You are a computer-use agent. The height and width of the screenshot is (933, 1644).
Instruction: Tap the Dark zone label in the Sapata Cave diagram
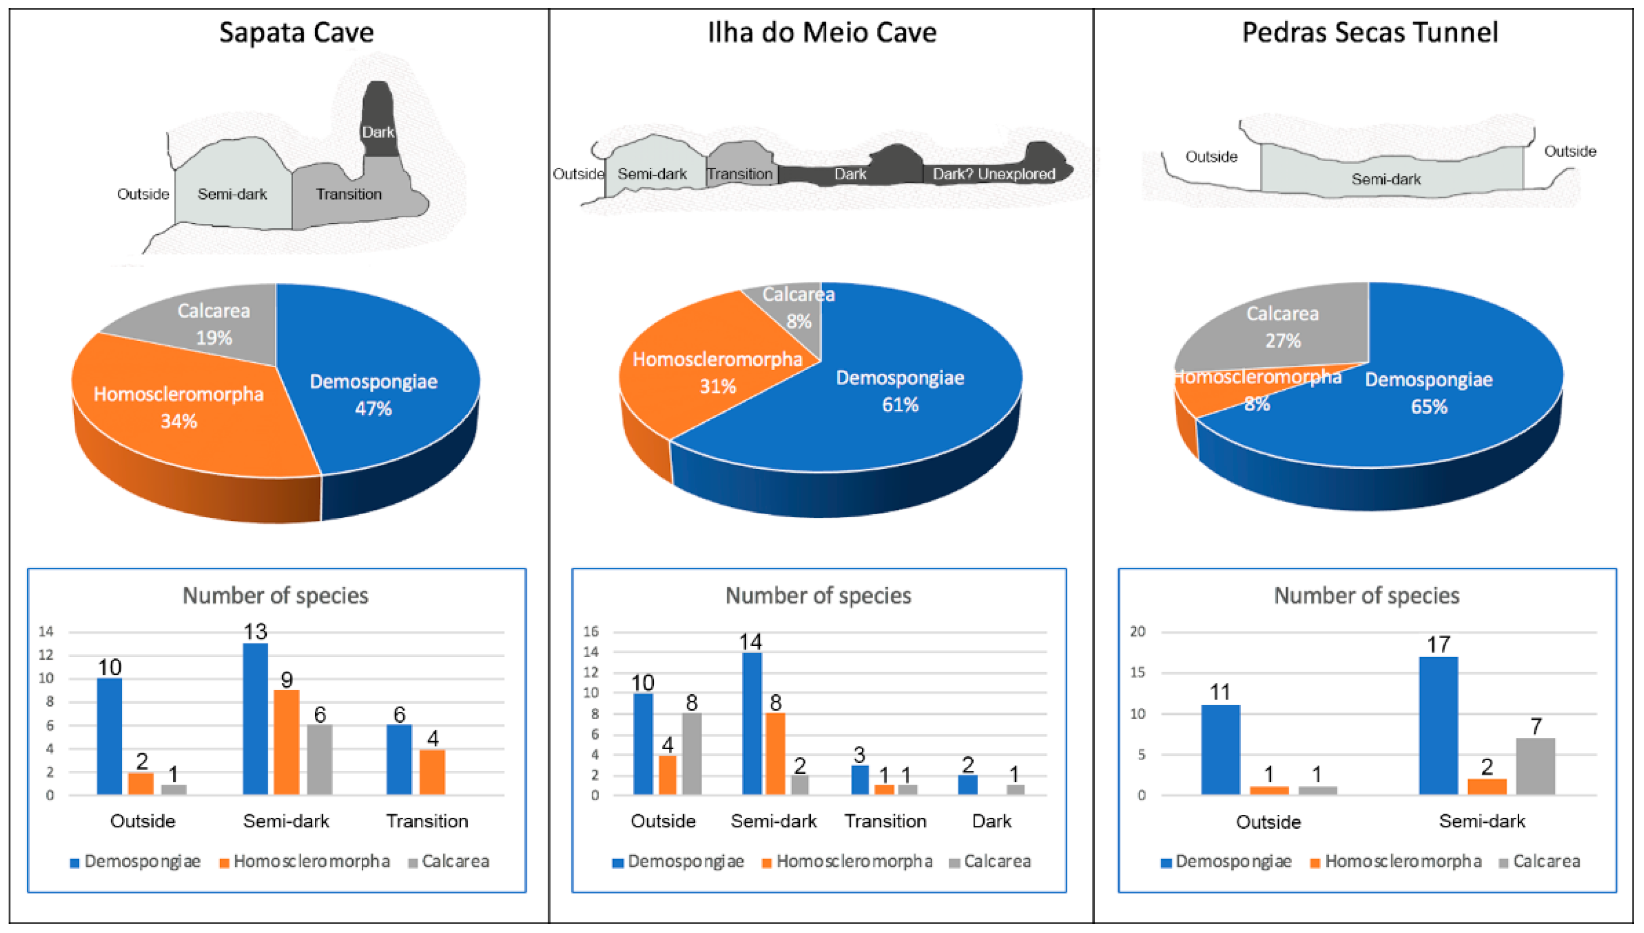(x=377, y=132)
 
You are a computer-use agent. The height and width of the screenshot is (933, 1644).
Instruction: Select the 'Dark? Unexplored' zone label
(x=993, y=174)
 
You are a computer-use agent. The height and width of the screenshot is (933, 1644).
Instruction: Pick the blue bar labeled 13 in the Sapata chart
(x=256, y=718)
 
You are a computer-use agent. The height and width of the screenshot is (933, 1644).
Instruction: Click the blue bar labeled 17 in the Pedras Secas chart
(x=1438, y=725)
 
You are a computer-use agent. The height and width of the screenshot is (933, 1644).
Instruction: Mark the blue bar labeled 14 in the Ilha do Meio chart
(x=752, y=723)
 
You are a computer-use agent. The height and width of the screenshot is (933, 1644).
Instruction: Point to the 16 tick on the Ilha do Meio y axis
(x=591, y=632)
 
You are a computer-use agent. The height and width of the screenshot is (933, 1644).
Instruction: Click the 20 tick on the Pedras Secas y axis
(x=1137, y=632)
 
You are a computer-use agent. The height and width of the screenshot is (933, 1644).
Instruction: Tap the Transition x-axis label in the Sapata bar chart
(x=427, y=821)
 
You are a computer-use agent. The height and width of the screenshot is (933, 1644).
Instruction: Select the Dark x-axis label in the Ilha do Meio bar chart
(x=991, y=821)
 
